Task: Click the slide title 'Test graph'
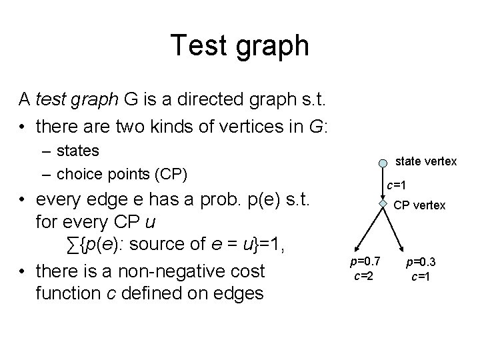(240, 46)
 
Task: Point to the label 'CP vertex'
(419, 205)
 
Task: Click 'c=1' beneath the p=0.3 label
(420, 275)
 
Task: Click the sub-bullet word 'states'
(78, 151)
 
